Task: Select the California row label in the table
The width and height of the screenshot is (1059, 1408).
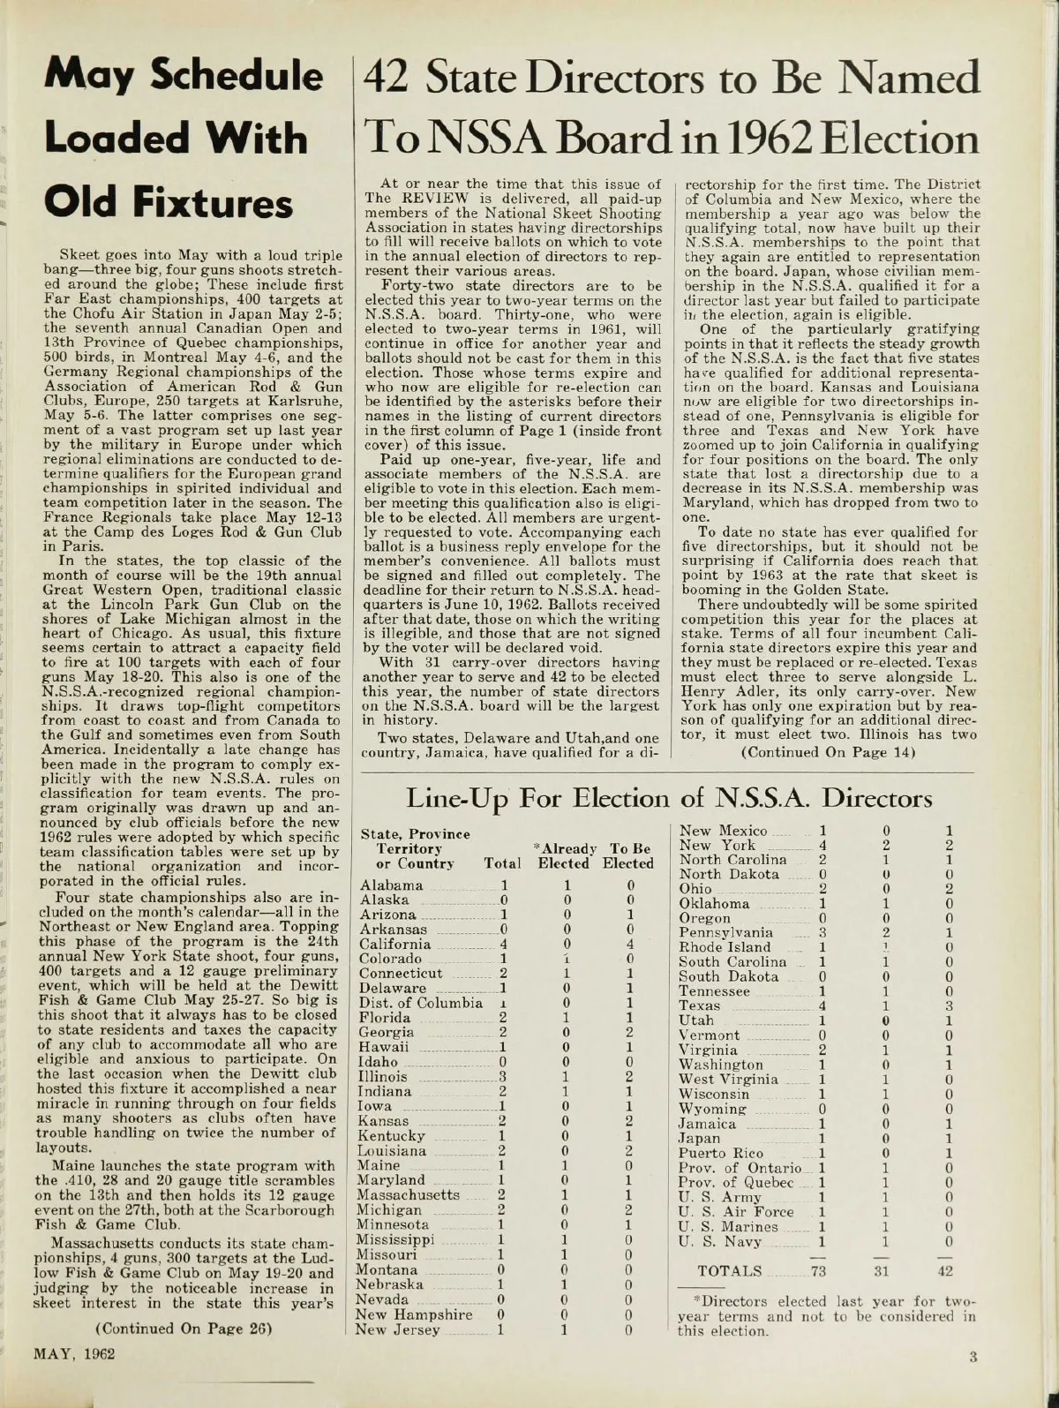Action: coord(395,944)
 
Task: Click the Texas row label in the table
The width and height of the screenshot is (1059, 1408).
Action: coord(700,1005)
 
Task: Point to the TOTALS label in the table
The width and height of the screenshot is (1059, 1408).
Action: coord(730,1270)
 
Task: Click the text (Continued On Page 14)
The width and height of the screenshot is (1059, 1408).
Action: coord(825,752)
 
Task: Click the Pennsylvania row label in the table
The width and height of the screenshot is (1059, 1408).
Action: coord(725,932)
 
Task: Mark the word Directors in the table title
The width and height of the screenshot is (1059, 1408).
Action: coord(877,799)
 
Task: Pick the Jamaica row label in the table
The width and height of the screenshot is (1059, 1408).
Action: coord(707,1124)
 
